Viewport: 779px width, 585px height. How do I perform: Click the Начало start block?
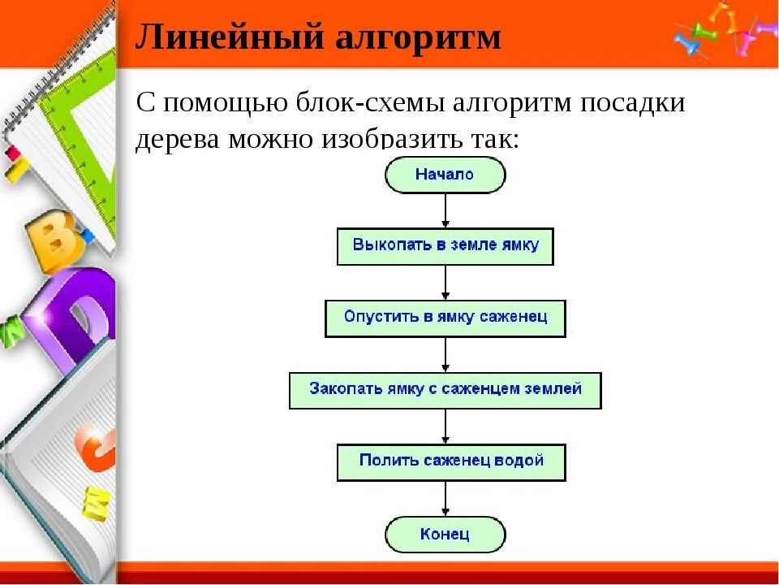445,175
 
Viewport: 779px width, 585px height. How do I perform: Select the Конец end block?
445,535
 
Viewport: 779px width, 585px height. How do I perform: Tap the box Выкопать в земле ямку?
445,246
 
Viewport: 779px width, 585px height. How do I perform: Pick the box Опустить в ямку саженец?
445,318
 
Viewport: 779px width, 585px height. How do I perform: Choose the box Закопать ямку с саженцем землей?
445,390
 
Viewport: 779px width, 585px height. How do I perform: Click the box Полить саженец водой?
450,461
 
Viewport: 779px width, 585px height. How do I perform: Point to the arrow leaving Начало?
445,210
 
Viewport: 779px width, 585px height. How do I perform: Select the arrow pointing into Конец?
445,499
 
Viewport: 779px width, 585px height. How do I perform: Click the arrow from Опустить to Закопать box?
445,354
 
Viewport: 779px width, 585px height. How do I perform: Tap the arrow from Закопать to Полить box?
445,426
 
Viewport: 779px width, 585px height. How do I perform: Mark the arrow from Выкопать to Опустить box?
445,282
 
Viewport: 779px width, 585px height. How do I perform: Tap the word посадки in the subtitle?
638,103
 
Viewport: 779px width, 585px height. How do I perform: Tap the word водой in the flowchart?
519,461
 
